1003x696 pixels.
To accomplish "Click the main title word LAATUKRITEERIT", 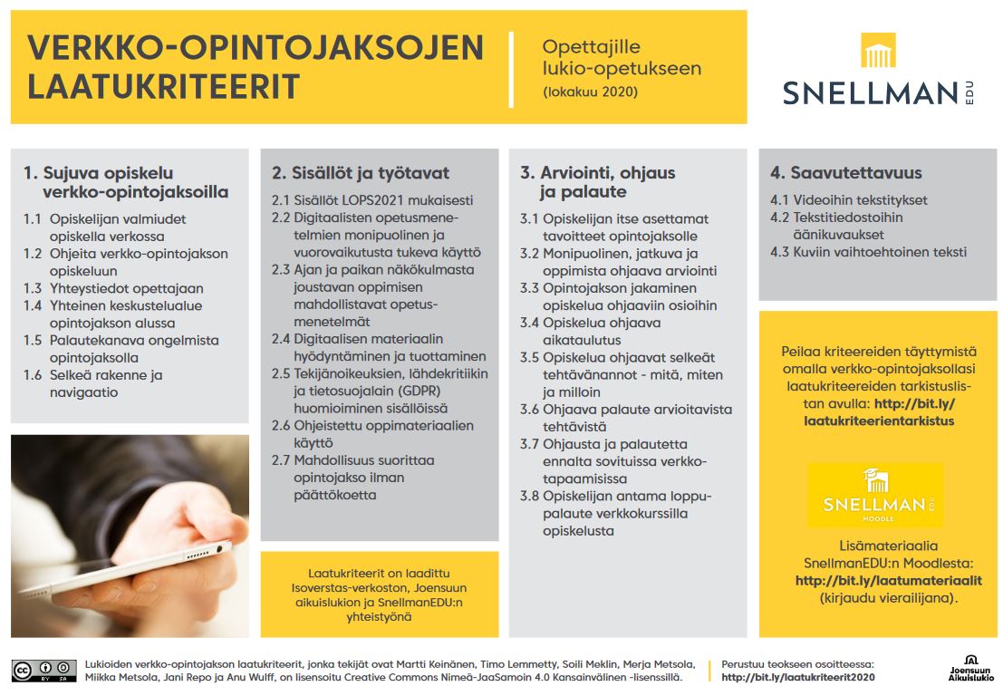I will [x=164, y=86].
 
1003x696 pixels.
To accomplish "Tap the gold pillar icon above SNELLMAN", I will [x=877, y=52].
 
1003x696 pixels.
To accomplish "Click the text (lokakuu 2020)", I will [x=590, y=92].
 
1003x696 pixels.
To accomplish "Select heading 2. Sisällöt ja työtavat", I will [x=360, y=173].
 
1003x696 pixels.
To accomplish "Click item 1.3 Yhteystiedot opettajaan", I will [x=112, y=288].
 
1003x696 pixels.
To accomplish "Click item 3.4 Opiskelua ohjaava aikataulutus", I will [x=589, y=332].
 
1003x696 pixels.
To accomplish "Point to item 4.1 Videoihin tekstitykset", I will [x=848, y=200].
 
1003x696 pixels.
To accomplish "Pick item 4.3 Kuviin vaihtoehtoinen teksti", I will [x=868, y=252].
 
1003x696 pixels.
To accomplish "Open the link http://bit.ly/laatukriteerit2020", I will [x=797, y=677].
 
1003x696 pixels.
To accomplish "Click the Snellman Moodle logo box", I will [x=874, y=496].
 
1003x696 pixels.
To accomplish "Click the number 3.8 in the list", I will [x=530, y=496].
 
